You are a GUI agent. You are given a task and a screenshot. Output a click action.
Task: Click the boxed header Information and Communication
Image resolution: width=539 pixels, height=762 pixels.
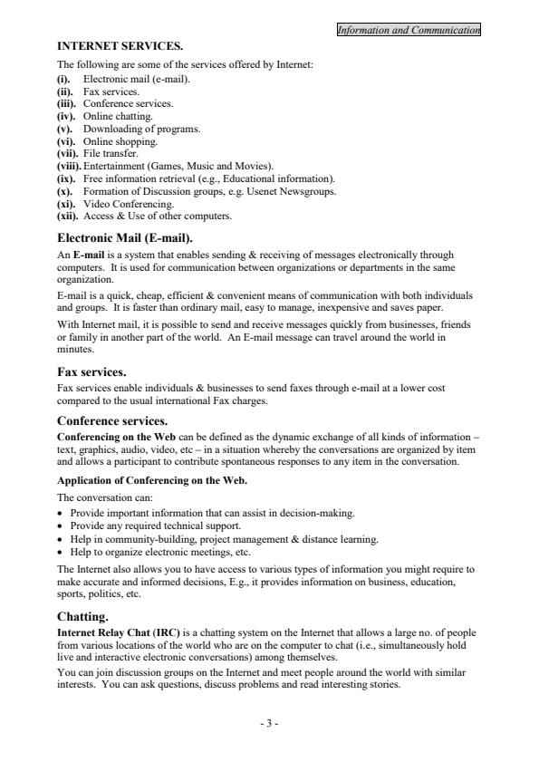(408, 31)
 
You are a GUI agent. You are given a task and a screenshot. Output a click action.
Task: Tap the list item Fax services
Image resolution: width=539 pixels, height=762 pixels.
(111, 92)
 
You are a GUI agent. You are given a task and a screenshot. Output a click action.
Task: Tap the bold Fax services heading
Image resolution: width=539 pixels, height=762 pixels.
(91, 371)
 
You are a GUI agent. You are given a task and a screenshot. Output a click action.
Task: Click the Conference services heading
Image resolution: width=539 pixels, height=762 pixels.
(112, 420)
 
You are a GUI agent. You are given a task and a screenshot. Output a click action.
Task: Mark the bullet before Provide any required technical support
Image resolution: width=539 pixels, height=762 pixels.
(61, 526)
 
